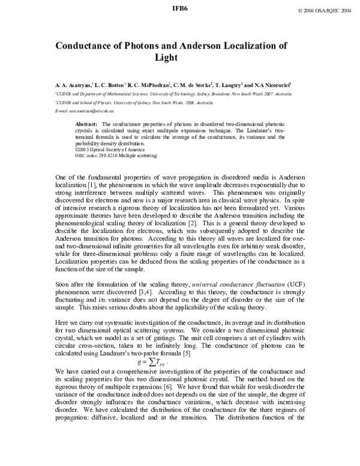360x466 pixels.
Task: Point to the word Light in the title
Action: (179, 58)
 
